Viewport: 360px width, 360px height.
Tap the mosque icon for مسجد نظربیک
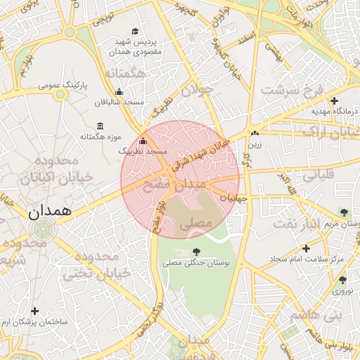(x=143, y=141)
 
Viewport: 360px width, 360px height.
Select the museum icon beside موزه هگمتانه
(x=100, y=125)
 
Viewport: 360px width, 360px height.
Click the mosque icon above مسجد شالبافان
(x=119, y=91)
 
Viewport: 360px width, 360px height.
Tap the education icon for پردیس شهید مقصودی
(x=135, y=31)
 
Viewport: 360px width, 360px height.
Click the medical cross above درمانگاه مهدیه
(x=334, y=101)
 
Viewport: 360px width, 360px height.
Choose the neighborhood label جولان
(x=197, y=90)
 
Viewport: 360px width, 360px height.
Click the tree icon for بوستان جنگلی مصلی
(x=195, y=252)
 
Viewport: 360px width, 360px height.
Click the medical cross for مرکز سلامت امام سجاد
(x=306, y=248)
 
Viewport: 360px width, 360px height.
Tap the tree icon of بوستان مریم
(x=343, y=212)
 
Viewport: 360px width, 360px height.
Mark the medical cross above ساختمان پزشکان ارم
(x=35, y=311)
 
